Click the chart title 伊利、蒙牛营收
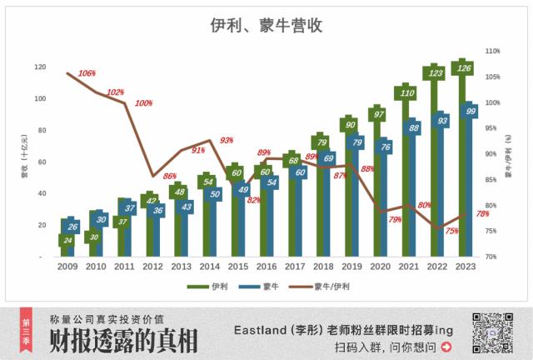pos(266,26)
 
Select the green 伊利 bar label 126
pos(466,68)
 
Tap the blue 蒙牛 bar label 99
pos(471,111)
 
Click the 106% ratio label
pos(87,73)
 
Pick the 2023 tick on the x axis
pos(466,267)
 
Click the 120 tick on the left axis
pos(40,67)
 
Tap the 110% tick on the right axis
pos(492,51)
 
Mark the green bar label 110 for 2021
pos(408,92)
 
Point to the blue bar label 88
pos(413,128)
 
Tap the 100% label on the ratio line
pos(143,103)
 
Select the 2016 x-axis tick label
pos(266,267)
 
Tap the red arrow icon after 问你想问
pos(446,347)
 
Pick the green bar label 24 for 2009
pos(68,241)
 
